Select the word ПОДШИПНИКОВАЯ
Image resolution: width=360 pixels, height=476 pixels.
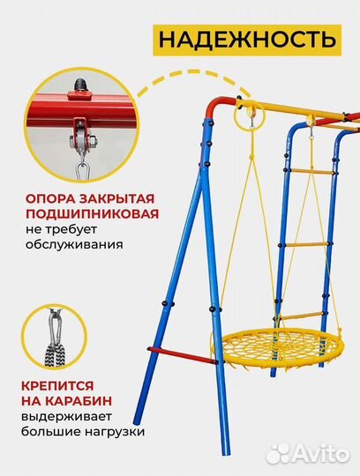79,214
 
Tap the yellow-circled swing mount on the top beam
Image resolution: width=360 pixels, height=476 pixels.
250,115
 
